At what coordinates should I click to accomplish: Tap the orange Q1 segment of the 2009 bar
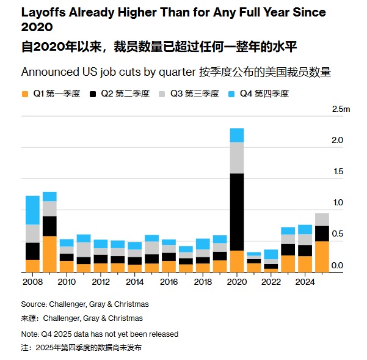[49, 254]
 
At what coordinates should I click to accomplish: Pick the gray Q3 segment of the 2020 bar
[236, 158]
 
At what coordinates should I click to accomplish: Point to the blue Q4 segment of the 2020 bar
[236, 135]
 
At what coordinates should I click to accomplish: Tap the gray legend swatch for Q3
[162, 94]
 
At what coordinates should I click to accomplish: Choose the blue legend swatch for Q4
[231, 94]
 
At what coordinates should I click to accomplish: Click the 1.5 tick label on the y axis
[337, 172]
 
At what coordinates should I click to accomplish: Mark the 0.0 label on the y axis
[337, 266]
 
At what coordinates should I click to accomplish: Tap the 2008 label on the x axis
[32, 282]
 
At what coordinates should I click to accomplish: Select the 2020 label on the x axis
[236, 282]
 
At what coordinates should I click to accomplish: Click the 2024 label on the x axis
[305, 282]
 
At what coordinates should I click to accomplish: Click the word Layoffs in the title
[43, 12]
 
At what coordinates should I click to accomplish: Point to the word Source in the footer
[34, 304]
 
